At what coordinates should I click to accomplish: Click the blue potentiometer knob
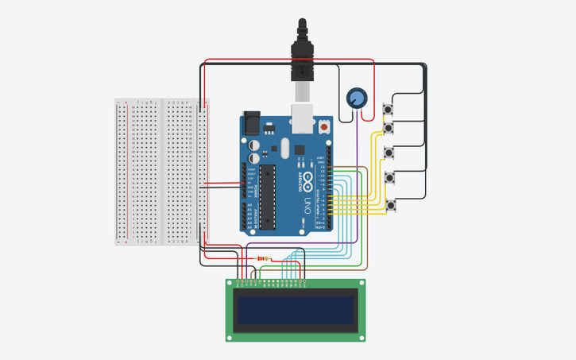358,98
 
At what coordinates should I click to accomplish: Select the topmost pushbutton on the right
389,109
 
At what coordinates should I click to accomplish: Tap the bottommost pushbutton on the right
390,205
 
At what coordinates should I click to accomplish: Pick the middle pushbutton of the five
389,152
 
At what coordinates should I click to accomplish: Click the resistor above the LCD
265,259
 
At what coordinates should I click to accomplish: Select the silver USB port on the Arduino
303,117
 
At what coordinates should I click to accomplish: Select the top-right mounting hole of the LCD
361,283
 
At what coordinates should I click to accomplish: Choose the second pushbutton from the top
389,127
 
